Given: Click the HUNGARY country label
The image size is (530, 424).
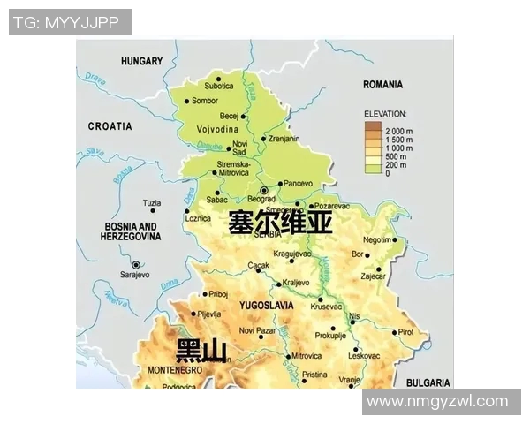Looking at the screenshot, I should (x=142, y=61).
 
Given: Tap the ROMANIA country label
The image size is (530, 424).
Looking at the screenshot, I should (x=382, y=85).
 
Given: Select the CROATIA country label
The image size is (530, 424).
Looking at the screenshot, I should (x=110, y=127).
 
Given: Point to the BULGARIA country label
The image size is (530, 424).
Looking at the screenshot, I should (x=428, y=382).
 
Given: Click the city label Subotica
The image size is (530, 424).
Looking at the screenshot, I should (x=219, y=86).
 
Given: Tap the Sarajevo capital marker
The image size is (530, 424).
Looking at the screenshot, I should (x=136, y=264).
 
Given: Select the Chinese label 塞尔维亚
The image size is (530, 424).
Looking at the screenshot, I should (x=280, y=222).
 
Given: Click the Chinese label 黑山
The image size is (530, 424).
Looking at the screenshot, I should (x=201, y=351).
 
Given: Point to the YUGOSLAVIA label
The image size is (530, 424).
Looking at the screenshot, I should (x=266, y=305).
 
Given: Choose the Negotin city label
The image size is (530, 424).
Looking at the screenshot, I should (x=377, y=239).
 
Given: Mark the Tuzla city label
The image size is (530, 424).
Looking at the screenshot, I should (x=152, y=202).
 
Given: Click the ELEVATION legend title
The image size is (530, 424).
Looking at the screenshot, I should (x=385, y=114).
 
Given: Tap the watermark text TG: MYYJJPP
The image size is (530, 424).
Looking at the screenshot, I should (x=70, y=22).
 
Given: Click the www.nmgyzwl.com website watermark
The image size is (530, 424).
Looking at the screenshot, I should (x=437, y=402).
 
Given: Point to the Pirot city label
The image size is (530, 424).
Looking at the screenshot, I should (x=405, y=332).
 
